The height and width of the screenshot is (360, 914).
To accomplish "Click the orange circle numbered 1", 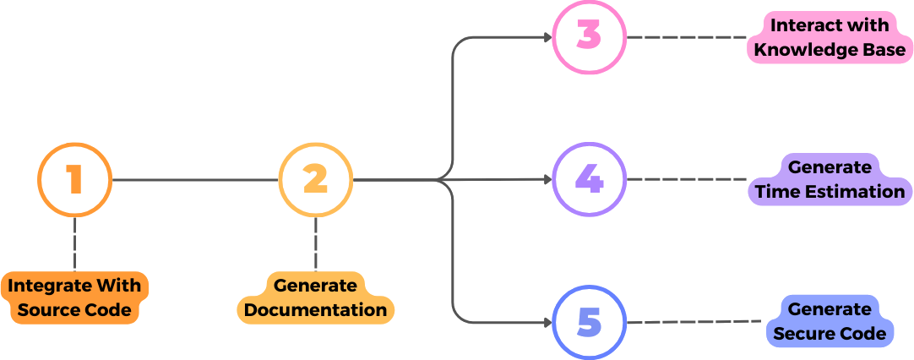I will tap(74, 179).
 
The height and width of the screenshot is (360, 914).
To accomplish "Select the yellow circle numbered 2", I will tap(315, 179).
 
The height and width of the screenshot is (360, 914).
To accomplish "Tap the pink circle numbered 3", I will tap(589, 38).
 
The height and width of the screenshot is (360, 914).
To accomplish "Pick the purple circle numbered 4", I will tap(589, 179).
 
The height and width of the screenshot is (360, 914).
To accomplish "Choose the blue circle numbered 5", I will tap(589, 322).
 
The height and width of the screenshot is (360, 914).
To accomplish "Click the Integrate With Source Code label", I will tap(75, 297).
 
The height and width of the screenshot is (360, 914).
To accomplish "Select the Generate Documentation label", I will tap(315, 297).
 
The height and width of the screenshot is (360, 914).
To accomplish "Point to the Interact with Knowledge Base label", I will tap(829, 38).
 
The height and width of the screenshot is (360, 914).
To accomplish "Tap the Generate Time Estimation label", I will tap(829, 180).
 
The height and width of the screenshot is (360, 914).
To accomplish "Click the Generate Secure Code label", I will tap(830, 322).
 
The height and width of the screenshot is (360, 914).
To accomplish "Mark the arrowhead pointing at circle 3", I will tap(546, 38).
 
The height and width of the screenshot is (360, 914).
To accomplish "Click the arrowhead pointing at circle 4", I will tap(546, 179).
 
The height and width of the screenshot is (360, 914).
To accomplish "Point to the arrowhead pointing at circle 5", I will tap(546, 322).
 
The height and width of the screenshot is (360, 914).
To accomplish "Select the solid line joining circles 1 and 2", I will tap(194, 179).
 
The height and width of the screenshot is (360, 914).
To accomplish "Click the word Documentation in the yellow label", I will tap(315, 309).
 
